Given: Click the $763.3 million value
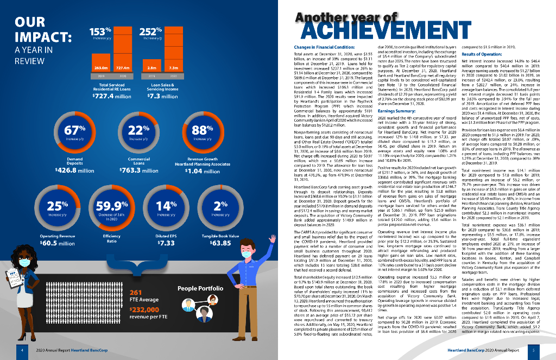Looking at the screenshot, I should click(x=138, y=170).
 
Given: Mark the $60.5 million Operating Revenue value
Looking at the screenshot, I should click(x=58, y=243).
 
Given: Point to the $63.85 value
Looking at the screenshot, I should click(x=220, y=243).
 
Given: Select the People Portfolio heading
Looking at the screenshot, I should click(x=200, y=288).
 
